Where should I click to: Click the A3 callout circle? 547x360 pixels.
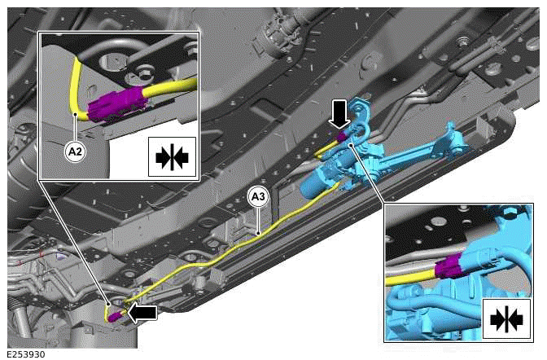pyautogui.click(x=257, y=195)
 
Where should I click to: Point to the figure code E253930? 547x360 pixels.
pyautogui.click(x=26, y=353)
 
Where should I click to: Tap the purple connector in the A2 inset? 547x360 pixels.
pyautogui.click(x=115, y=104)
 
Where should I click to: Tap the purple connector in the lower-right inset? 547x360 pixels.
pyautogui.click(x=449, y=270)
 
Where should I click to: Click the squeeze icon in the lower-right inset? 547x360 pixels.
pyautogui.click(x=505, y=319)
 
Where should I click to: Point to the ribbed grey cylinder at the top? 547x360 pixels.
pyautogui.click(x=280, y=33)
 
